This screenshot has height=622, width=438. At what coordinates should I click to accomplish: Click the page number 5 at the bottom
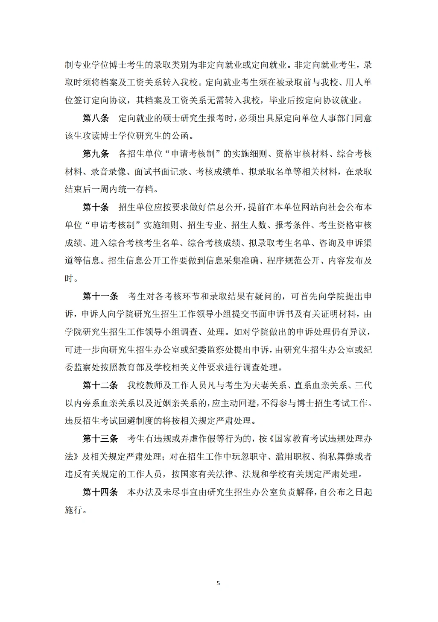(x=218, y=583)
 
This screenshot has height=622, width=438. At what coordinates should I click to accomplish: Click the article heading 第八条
(x=96, y=118)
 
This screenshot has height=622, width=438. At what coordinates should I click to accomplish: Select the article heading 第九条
(x=96, y=154)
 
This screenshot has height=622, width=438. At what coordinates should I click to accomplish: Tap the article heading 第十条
(x=96, y=207)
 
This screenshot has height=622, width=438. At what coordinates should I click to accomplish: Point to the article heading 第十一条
(x=100, y=296)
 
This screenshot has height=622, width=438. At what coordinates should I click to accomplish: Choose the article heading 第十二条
(x=100, y=385)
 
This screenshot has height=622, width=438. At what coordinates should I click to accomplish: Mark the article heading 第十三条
(x=100, y=439)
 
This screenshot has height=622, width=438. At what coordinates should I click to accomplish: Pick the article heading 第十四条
(x=100, y=492)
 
